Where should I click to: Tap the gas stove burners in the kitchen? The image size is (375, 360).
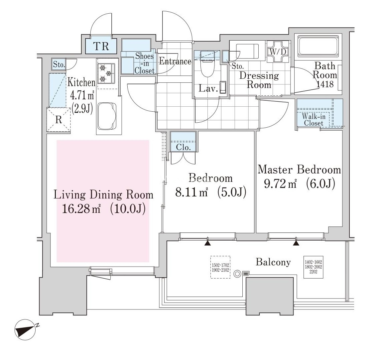click(106, 73)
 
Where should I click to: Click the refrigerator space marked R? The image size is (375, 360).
click(59, 119)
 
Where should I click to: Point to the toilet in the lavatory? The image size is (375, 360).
click(207, 64)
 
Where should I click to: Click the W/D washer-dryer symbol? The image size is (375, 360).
click(278, 52)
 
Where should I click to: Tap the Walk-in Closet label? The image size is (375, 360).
click(313, 120)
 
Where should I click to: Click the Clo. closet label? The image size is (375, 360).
click(183, 147)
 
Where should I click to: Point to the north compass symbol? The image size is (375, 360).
click(25, 329)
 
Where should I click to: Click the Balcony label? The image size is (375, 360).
click(273, 262)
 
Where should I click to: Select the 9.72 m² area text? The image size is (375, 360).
click(280, 184)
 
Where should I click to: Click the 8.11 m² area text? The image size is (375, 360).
click(191, 192)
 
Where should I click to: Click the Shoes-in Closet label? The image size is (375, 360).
click(144, 63)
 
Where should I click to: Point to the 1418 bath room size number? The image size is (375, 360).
click(325, 84)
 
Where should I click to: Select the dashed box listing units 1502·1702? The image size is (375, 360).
click(220, 267)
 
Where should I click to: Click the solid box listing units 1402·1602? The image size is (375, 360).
click(313, 267)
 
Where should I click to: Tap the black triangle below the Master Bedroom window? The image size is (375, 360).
click(296, 243)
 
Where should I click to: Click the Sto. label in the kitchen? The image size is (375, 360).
click(59, 64)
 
